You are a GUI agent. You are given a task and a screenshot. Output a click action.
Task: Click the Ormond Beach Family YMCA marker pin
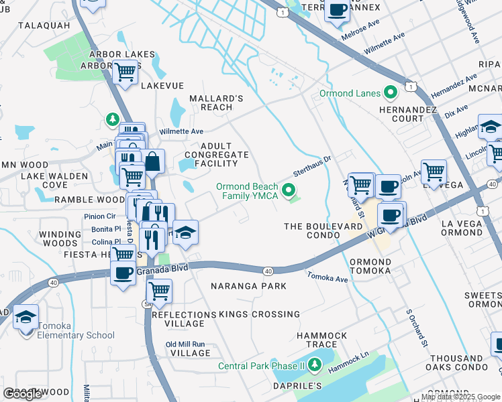point(290,191)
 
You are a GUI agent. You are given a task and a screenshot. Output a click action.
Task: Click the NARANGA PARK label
point(248,286)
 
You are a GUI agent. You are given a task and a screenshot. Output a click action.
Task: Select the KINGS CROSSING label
point(260,314)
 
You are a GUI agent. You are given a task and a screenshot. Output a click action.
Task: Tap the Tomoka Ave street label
point(328,277)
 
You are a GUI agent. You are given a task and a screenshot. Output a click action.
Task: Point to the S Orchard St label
point(417,329)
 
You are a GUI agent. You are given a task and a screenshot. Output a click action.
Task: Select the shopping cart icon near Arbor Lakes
point(125,72)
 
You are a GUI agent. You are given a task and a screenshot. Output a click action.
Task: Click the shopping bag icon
point(153,161)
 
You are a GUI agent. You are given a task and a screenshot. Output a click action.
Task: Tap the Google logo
point(22,394)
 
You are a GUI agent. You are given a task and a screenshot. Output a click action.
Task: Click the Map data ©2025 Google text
point(460,397)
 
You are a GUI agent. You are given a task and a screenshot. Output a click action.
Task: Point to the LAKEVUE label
point(162,86)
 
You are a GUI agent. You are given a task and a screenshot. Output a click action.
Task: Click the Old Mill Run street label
point(189,344)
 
